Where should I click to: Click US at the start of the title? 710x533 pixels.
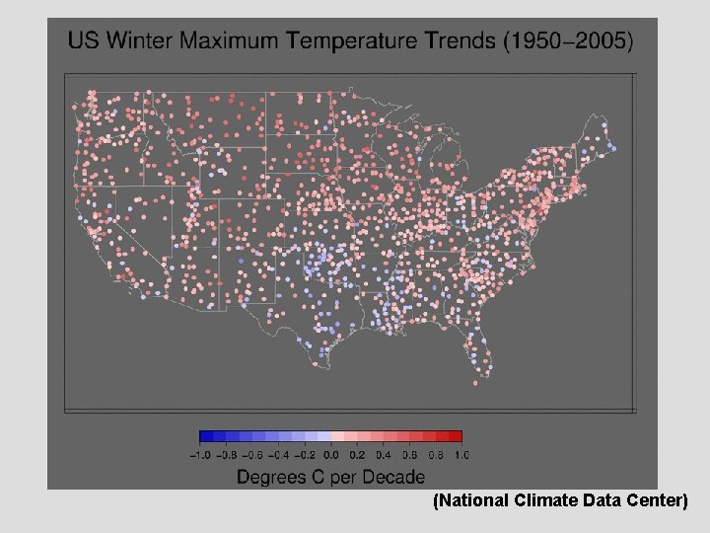[x=84, y=41]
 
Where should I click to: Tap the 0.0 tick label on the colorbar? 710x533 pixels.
[x=330, y=455]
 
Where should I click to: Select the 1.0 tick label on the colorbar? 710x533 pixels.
[x=461, y=455]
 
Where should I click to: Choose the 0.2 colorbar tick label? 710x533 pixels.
[x=356, y=455]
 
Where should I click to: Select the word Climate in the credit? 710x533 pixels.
[x=544, y=501]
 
